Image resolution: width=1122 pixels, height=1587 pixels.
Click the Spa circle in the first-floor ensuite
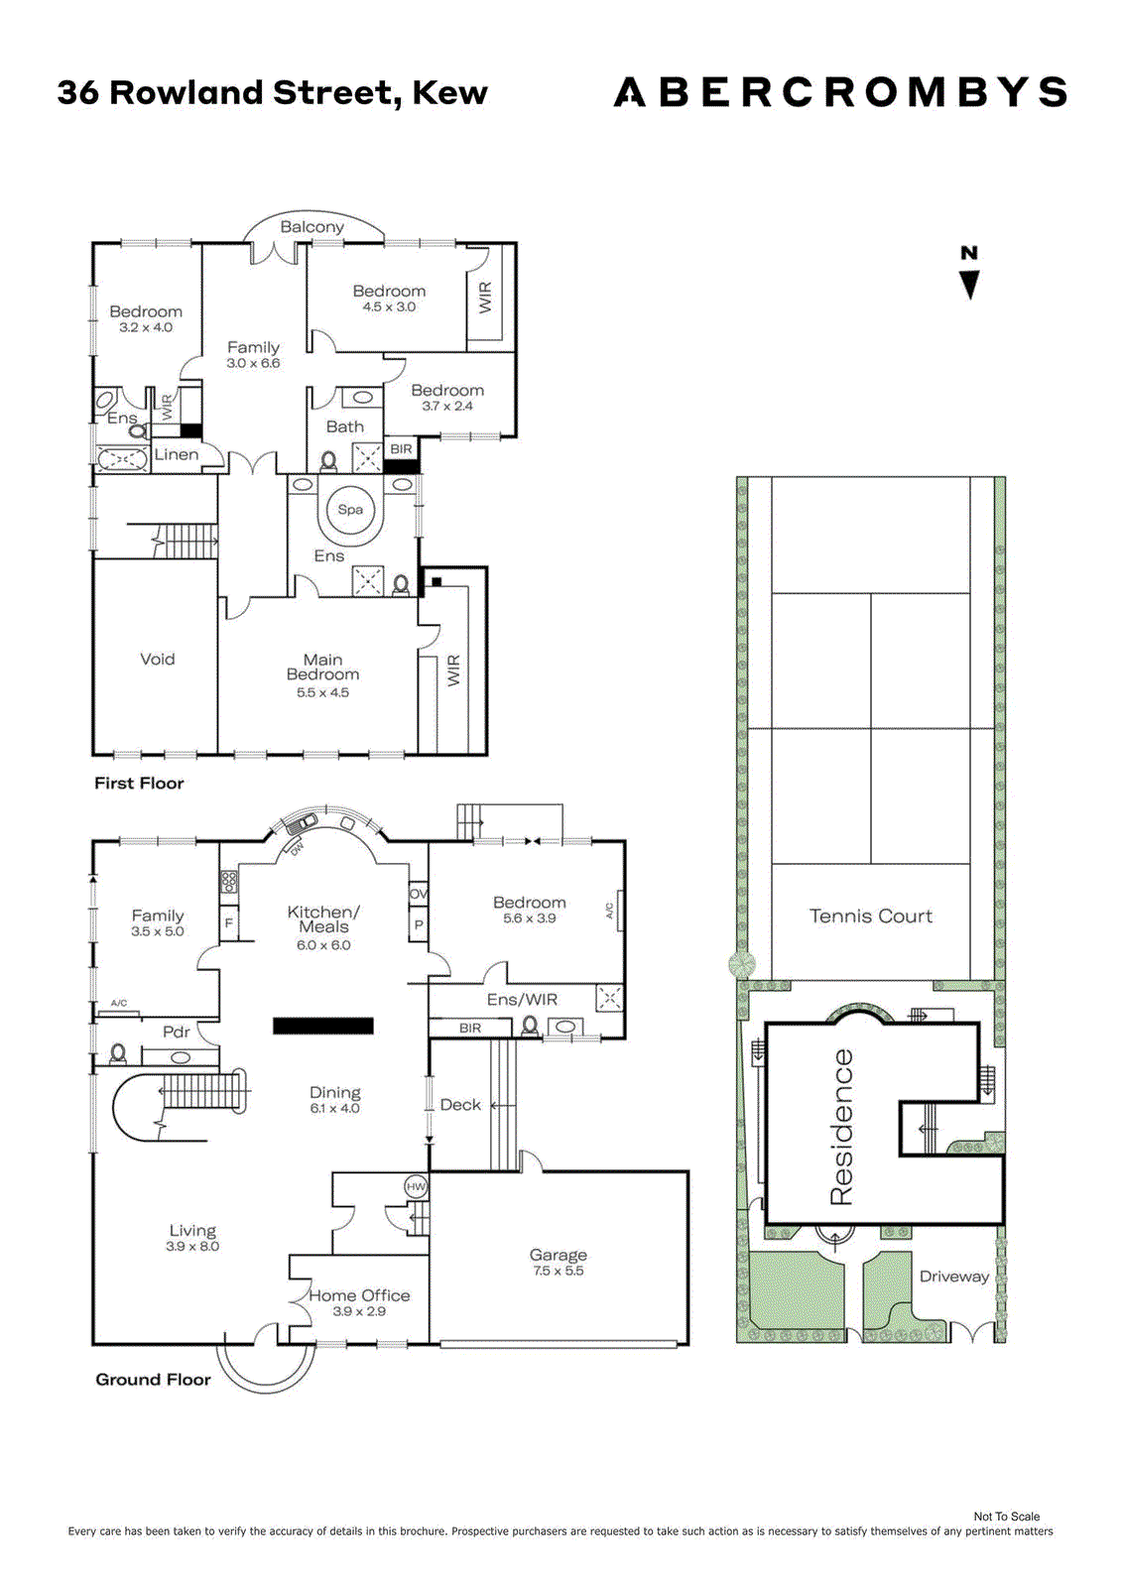(x=350, y=510)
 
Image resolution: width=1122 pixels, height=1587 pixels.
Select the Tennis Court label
(x=870, y=916)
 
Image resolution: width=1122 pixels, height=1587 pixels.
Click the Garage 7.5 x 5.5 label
(x=558, y=1263)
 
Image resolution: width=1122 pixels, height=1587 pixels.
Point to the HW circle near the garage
(x=416, y=1186)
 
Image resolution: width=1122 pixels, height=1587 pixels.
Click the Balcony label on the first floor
(x=312, y=227)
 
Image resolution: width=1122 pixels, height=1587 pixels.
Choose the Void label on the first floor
(x=158, y=659)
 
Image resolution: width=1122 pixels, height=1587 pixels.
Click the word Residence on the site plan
(x=841, y=1127)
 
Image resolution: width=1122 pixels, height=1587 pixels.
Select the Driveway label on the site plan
(x=954, y=1277)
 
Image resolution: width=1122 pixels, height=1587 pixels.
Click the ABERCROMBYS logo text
(x=840, y=92)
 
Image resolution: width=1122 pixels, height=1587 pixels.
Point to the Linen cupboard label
(x=177, y=455)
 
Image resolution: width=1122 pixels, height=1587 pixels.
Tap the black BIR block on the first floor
(x=401, y=466)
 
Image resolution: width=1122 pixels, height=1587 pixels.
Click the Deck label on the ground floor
(x=460, y=1105)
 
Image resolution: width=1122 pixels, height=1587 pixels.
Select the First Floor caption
(x=139, y=783)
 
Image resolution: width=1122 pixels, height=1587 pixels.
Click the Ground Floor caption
(x=153, y=1380)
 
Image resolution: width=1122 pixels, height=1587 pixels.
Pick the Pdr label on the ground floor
(x=176, y=1032)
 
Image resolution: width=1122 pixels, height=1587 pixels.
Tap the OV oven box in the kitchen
(x=419, y=894)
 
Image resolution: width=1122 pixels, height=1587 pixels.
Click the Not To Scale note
(x=1007, y=1517)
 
